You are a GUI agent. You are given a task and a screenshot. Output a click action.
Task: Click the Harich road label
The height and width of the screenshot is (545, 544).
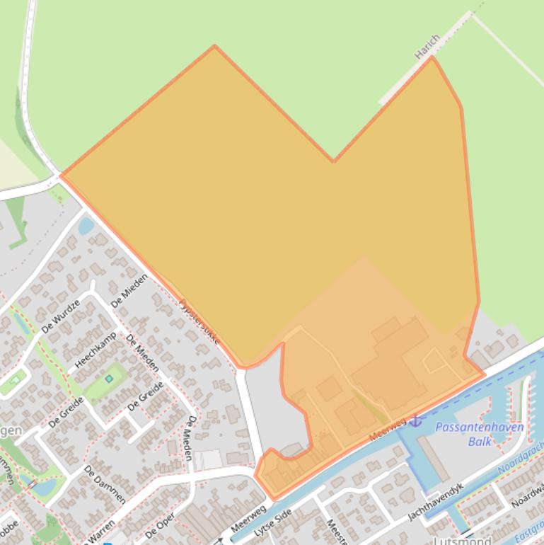[x=427, y=46]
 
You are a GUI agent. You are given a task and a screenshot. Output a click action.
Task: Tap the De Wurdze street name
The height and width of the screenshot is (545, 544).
[x=62, y=315]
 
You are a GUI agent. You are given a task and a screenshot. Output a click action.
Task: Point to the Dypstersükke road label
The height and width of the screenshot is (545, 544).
[x=199, y=321]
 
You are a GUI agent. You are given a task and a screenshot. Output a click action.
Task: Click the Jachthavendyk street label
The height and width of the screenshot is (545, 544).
[x=435, y=502]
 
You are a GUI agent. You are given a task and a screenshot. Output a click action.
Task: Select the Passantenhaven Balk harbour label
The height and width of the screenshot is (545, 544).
[x=479, y=434]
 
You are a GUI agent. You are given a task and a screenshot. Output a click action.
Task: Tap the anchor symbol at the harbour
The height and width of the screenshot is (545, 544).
[x=416, y=420]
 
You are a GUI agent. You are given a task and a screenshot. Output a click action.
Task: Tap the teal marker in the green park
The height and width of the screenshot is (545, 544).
[x=109, y=379]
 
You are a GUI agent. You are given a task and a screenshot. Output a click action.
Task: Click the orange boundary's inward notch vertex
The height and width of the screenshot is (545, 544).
[x=334, y=161]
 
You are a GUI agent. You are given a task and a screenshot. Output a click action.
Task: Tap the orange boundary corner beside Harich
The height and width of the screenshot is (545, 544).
[x=432, y=57]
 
